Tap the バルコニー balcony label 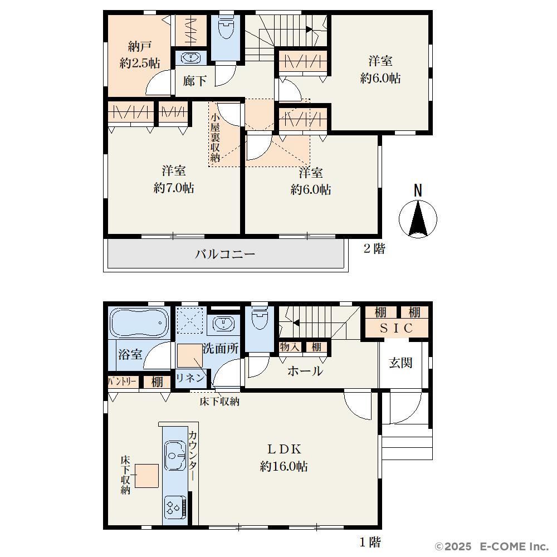225,255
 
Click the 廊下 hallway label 194,81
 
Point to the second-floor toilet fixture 225,26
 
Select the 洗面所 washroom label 221,348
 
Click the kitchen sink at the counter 175,456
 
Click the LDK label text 284,449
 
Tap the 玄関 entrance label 400,363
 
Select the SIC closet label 397,328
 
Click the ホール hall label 305,371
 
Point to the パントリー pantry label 122,382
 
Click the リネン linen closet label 190,378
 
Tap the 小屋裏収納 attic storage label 215,138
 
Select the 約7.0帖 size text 174,188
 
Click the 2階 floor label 374,248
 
